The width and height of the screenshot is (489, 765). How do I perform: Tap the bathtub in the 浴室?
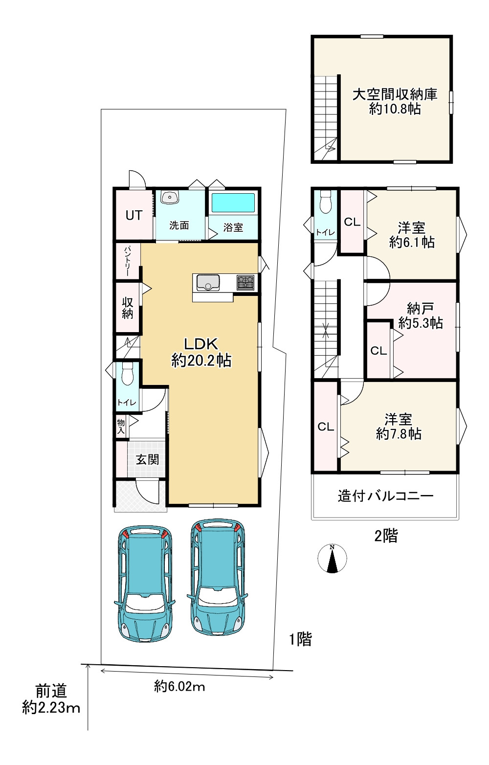233,203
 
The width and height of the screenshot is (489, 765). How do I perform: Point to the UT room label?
133,216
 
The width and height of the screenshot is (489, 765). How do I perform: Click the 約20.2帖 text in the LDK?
201,360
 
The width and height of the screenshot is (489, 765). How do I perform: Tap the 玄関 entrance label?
148,459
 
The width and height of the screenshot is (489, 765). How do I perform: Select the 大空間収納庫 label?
395,94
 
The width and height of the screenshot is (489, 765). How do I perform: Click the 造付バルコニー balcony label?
385,495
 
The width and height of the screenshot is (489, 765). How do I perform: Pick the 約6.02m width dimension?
179,686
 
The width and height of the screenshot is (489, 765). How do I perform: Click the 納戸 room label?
421,309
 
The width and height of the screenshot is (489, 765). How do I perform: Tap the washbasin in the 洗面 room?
170,197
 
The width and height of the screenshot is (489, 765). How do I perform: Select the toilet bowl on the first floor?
127,374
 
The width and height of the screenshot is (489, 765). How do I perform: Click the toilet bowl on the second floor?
326,202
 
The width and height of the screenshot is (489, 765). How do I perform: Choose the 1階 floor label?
301,639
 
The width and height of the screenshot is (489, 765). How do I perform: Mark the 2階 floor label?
386,536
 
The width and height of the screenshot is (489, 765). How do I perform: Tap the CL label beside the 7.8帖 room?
326,427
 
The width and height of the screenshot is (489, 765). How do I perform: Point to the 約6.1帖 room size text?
412,242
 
